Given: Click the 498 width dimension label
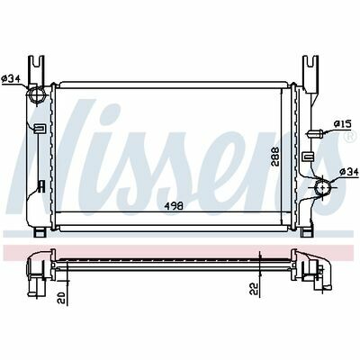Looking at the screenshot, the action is click(x=174, y=206).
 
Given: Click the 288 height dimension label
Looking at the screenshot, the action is click(x=275, y=157).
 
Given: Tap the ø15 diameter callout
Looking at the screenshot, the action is click(x=343, y=123).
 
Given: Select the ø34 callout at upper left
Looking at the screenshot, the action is click(x=11, y=79).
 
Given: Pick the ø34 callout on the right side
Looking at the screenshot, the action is click(x=349, y=172).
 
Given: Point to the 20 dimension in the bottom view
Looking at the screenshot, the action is click(x=61, y=298).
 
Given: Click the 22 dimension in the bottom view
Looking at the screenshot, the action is click(x=255, y=289).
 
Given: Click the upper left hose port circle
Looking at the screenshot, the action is click(x=37, y=94).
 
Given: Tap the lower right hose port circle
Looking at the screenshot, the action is click(x=323, y=187).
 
